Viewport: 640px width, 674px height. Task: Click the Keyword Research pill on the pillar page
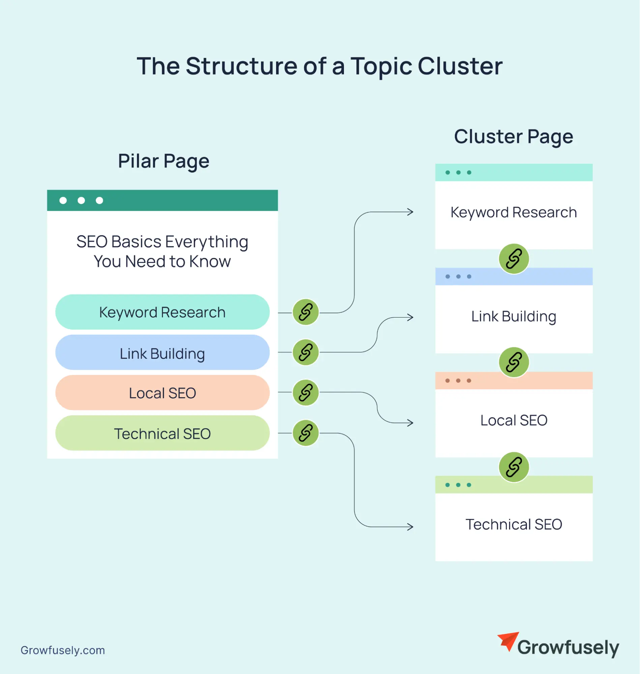163,312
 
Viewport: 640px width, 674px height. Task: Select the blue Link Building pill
163,353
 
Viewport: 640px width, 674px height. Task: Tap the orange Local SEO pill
163,393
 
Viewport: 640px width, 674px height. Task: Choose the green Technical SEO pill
163,433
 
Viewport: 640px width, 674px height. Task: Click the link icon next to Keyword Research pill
306,312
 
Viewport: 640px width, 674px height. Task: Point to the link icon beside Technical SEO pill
306,433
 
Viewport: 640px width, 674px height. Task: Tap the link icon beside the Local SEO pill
306,392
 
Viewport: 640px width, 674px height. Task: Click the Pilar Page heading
164,161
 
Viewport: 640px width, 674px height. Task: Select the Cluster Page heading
514,137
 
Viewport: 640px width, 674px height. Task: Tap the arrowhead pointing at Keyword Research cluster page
411,212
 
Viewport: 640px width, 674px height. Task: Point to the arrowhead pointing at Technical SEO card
411,527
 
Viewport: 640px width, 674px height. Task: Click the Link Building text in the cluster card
514,317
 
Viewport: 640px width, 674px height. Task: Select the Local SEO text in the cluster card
514,420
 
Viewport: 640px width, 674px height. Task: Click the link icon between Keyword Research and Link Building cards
514,259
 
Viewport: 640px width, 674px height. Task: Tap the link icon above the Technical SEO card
514,467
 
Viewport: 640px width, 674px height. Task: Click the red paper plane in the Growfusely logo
508,641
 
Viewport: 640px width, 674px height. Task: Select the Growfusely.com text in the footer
63,650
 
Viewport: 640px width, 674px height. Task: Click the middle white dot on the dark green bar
81,201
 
